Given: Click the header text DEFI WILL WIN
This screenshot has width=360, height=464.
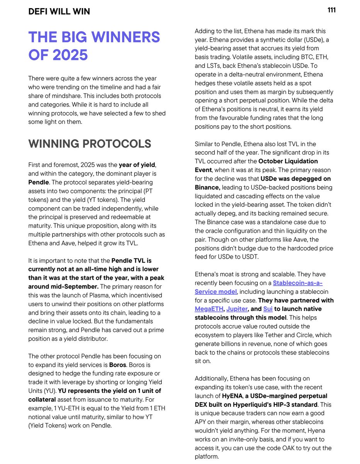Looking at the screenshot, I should [x=59, y=12].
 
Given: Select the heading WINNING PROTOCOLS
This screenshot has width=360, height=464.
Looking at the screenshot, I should [x=90, y=144].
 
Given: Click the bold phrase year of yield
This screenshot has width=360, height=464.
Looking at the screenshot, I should [x=137, y=165].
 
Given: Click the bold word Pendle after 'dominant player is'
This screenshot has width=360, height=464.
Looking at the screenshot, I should [x=39, y=182].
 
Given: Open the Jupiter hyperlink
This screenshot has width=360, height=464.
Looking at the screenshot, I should [x=237, y=309].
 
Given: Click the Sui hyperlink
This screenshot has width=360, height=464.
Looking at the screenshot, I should [x=268, y=309].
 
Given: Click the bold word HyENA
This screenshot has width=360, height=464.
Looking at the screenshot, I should [x=232, y=396].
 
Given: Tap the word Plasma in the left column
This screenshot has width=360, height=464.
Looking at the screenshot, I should [x=110, y=295].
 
